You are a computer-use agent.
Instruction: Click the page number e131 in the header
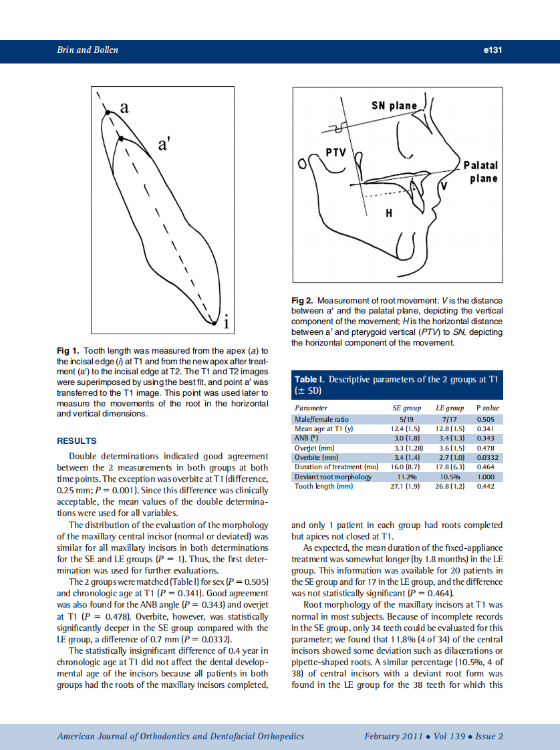(492, 50)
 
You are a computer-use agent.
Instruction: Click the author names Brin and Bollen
(88, 50)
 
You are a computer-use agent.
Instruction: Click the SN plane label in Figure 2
(394, 106)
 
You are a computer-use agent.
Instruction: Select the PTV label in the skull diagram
(334, 152)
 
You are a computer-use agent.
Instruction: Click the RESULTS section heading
(76, 441)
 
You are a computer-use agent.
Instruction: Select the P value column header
(487, 408)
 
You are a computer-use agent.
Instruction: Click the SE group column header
(407, 408)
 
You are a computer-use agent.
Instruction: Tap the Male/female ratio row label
(321, 419)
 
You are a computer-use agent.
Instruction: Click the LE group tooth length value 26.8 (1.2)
(450, 487)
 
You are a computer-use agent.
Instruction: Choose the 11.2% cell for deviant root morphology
(407, 477)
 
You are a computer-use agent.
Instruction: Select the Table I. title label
(309, 380)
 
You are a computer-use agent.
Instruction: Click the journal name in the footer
(180, 736)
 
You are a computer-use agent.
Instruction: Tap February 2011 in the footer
(393, 736)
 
